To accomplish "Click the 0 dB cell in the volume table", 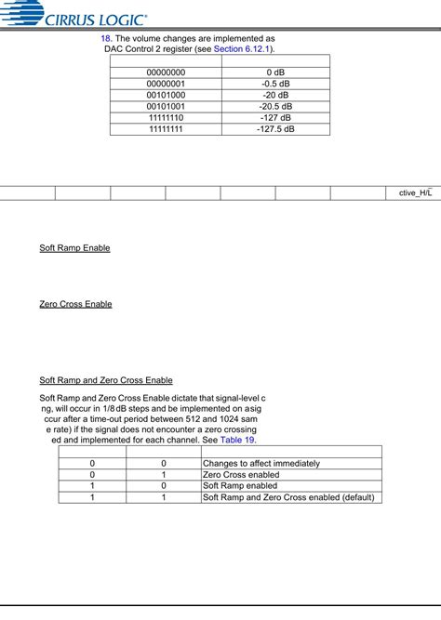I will coord(275,72).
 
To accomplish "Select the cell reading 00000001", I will coord(166,83).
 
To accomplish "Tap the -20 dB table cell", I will coord(275,95).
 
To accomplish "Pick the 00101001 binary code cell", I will coord(166,106).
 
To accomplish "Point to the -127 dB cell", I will coord(275,117).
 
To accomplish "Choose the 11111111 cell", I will coord(166,129).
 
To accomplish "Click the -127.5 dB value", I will coord(275,129).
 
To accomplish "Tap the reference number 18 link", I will coord(105,39).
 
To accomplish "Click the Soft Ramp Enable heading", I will coord(74,248).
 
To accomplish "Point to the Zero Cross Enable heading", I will coord(75,304).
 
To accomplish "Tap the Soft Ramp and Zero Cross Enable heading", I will coord(106,380).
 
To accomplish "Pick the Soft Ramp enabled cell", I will coord(240,485).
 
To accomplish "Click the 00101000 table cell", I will coord(166,95).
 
